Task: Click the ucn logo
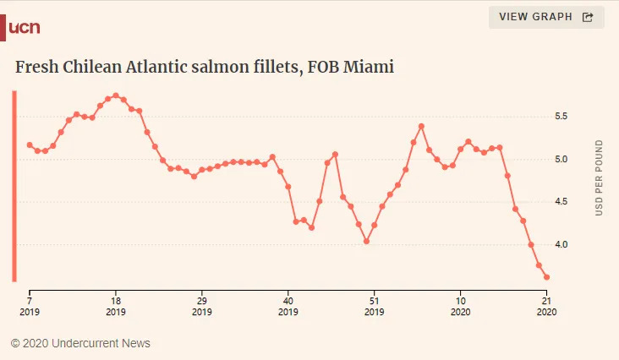25,27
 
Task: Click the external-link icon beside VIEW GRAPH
588,17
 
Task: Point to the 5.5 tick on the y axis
560,116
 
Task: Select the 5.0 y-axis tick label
560,159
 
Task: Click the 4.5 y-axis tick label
560,202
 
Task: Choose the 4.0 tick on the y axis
560,245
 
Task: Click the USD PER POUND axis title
599,177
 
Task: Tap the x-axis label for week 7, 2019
30,305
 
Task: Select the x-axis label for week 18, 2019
116,305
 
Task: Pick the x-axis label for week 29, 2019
202,305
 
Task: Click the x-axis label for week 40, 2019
288,305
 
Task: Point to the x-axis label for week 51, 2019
374,305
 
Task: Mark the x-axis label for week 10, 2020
460,305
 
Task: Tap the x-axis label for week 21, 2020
546,305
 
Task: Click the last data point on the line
546,277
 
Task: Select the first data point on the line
30,145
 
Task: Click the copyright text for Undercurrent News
80,343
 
